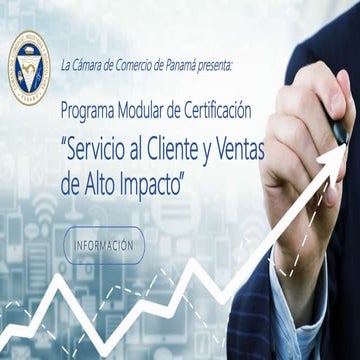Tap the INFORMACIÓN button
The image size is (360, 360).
tap(104, 244)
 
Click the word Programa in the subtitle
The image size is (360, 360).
tap(89, 107)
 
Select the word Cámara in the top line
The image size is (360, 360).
tap(91, 66)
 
